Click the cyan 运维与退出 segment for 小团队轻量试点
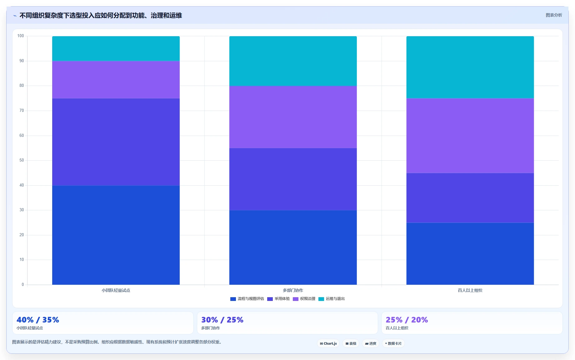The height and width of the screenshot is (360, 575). (x=116, y=48)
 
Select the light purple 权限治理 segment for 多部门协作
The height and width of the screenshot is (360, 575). (x=293, y=117)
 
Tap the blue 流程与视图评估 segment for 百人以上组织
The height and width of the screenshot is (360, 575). (x=470, y=254)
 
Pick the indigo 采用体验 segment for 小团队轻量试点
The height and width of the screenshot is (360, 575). (x=116, y=142)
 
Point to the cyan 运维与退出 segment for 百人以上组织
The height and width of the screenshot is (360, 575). (x=470, y=67)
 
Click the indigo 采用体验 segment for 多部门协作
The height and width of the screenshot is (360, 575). (x=293, y=179)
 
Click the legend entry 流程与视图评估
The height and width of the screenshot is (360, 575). (x=247, y=299)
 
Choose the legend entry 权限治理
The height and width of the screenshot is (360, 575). (x=304, y=299)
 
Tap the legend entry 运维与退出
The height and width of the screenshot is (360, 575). (x=332, y=299)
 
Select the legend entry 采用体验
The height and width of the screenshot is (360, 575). (x=278, y=299)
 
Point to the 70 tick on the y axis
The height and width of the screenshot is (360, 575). (x=22, y=111)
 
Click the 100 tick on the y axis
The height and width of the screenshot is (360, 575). (x=21, y=36)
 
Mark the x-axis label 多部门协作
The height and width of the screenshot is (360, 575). (x=293, y=290)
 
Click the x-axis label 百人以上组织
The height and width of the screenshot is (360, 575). (x=470, y=290)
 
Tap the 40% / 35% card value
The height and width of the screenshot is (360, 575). (x=38, y=320)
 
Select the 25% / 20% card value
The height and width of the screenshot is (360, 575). (x=407, y=320)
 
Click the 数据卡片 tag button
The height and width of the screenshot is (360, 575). (x=393, y=343)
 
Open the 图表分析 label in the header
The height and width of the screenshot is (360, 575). (x=554, y=15)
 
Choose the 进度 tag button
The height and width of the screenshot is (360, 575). (x=371, y=343)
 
